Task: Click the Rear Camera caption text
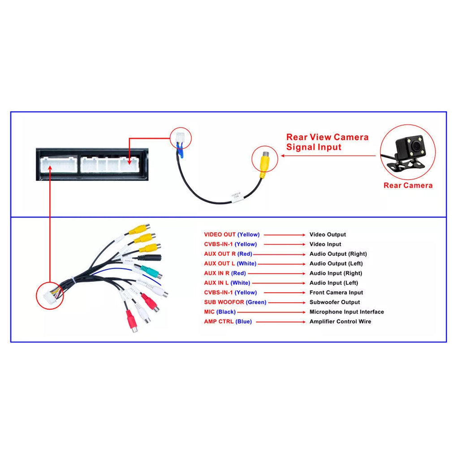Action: click(408, 185)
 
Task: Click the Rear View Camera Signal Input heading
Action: click(327, 142)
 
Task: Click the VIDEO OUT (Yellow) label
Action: click(232, 234)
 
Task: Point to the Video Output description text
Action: click(328, 234)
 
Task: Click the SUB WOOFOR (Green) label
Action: click(235, 302)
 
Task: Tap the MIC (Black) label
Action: click(220, 312)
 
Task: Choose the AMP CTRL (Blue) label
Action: click(228, 322)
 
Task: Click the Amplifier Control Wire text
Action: click(340, 322)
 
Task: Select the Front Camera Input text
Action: click(336, 293)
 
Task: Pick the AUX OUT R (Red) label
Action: click(230, 254)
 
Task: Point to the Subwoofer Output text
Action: click(335, 302)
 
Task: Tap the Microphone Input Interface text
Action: click(346, 312)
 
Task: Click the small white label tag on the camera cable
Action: click(236, 197)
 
